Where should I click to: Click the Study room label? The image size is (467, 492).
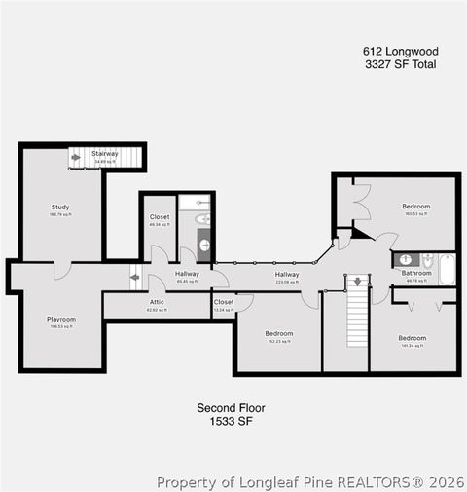pyautogui.click(x=60, y=207)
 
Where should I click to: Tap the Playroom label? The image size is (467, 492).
pyautogui.click(x=61, y=319)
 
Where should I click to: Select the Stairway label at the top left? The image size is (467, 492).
pyautogui.click(x=105, y=154)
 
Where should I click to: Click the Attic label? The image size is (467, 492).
pyautogui.click(x=157, y=303)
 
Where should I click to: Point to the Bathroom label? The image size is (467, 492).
pyautogui.click(x=416, y=274)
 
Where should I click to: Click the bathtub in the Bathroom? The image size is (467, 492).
pyautogui.click(x=447, y=268)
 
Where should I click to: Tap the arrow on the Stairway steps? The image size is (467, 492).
pyautogui.click(x=76, y=156)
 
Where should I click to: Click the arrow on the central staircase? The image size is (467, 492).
pyautogui.click(x=357, y=282)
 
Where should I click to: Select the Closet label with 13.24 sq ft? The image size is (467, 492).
pyautogui.click(x=224, y=303)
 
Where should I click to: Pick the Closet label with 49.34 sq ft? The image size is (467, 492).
pyautogui.click(x=160, y=217)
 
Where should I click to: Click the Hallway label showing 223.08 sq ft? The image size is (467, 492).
pyautogui.click(x=287, y=275)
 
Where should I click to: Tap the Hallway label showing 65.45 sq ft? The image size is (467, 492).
pyautogui.click(x=187, y=274)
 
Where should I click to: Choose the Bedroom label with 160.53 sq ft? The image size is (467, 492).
pyautogui.click(x=415, y=207)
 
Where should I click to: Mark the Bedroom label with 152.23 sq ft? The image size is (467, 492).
pyautogui.click(x=279, y=333)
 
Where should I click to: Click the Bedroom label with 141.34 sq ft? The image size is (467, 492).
pyautogui.click(x=412, y=338)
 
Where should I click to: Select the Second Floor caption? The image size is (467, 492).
pyautogui.click(x=231, y=408)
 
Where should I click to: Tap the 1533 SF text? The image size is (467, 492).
pyautogui.click(x=231, y=422)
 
